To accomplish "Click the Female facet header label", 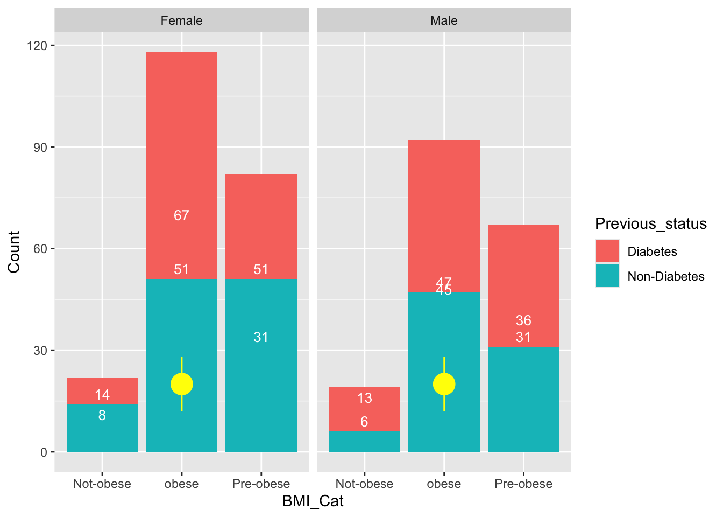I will point(181,20).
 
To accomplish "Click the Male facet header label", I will point(444,20).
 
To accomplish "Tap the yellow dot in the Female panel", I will point(182,384).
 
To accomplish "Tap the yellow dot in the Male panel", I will point(444,384).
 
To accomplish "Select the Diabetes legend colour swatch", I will point(607,251).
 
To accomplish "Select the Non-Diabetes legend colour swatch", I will point(607,276).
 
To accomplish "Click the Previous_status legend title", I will point(650,223).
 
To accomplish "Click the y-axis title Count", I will point(14,251).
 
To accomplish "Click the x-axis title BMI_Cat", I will point(313,501).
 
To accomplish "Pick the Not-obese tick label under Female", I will point(102,484).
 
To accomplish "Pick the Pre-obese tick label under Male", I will point(523,484).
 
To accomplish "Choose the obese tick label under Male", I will point(444,484).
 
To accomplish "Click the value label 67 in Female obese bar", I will point(181,215).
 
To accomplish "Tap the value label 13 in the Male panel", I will point(364,398).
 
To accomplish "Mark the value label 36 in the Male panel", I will point(523,320).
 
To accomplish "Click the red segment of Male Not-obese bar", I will point(364,409).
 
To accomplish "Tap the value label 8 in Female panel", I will point(102,415).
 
